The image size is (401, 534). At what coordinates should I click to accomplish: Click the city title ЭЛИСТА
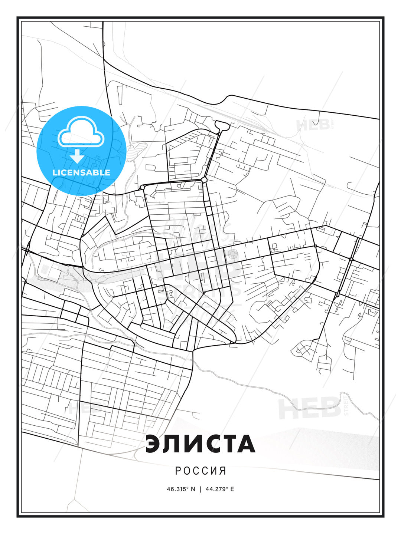click(x=200, y=444)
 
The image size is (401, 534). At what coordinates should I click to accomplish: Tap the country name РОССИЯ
click(x=200, y=471)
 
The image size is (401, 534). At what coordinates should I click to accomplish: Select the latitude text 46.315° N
click(x=181, y=489)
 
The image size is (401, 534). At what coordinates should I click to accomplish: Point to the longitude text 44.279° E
click(x=220, y=489)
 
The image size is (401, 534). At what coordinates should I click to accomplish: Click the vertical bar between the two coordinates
click(x=200, y=489)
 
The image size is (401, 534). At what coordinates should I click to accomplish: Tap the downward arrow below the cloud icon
click(x=77, y=156)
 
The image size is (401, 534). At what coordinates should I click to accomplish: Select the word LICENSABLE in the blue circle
click(x=81, y=172)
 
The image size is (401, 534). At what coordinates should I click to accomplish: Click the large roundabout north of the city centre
click(x=204, y=180)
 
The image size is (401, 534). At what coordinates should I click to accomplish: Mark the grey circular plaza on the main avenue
click(x=233, y=254)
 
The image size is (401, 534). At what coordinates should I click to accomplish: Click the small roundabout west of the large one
click(x=142, y=188)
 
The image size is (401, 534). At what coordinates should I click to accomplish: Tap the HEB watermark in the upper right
click(x=313, y=125)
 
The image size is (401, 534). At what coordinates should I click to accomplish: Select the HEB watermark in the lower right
click(x=310, y=408)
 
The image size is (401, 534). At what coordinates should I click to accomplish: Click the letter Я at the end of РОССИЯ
click(x=223, y=471)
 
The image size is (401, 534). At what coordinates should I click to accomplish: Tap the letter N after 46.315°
click(x=193, y=489)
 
